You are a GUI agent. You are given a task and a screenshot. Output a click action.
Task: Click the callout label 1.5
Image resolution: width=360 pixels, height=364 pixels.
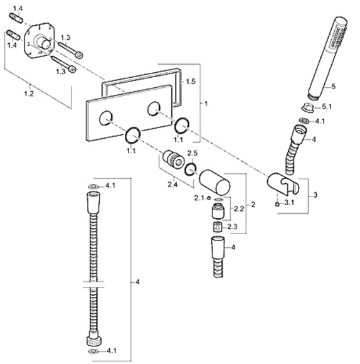[x=191, y=82]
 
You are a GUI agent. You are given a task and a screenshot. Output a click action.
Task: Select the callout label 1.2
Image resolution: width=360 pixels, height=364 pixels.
[x=29, y=94]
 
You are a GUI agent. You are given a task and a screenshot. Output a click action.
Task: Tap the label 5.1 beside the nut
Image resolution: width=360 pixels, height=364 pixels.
[x=327, y=107]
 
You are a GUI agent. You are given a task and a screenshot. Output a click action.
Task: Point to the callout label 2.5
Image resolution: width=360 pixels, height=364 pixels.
[x=193, y=153]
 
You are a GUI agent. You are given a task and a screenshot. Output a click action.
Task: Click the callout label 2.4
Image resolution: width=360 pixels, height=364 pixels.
[x=172, y=185]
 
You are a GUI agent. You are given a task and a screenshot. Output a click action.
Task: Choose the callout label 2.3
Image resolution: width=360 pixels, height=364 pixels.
[x=232, y=227]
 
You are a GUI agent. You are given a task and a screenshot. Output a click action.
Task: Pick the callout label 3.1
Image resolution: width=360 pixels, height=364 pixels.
[x=289, y=203]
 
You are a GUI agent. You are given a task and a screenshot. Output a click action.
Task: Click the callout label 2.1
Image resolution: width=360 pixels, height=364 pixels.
[x=199, y=198]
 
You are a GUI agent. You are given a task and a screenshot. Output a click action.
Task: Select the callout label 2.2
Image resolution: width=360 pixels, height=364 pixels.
[x=239, y=209]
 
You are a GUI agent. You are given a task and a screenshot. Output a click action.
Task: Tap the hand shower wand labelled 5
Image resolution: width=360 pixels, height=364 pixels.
[x=327, y=58]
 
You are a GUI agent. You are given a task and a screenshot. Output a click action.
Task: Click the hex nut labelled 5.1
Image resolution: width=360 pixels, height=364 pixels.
[x=308, y=108]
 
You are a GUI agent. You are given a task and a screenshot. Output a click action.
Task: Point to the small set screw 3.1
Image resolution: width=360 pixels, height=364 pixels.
[x=277, y=205]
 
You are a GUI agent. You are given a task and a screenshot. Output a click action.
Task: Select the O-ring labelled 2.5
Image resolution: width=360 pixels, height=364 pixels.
[x=191, y=169]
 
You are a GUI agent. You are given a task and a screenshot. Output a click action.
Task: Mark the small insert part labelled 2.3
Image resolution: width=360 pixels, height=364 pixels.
[x=218, y=227]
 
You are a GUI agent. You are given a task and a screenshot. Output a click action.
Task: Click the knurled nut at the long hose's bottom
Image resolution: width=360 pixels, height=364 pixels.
[x=94, y=341]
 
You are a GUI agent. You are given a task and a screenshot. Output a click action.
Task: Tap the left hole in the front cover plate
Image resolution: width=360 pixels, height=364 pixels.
[x=106, y=118]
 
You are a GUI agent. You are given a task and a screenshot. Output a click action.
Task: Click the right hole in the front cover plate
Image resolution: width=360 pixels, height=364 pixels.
[x=154, y=108]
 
